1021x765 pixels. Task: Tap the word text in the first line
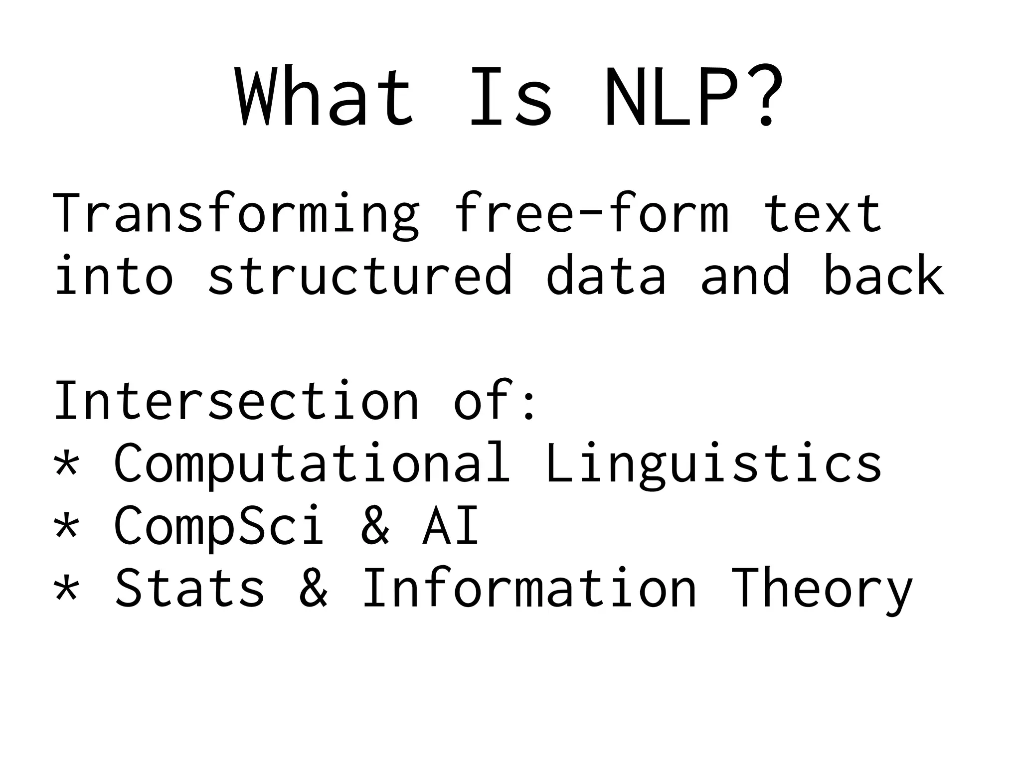(823, 214)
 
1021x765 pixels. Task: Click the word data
(606, 276)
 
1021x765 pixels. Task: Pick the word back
(883, 276)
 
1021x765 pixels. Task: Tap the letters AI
(451, 526)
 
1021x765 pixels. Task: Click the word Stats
(189, 588)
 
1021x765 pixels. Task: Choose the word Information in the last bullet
(528, 588)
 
